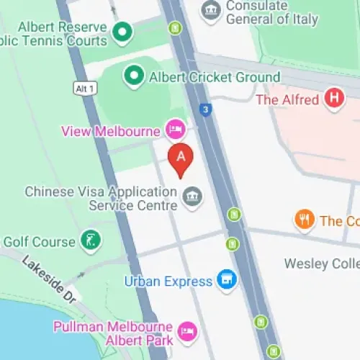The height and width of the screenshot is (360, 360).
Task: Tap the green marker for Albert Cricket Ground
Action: pos(133,75)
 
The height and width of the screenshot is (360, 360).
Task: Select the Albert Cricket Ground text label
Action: pos(213,76)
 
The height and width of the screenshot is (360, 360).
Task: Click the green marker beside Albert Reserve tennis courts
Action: pos(122,31)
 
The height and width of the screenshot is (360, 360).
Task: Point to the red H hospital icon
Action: pos(333,99)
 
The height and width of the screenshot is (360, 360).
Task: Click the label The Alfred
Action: pos(287,99)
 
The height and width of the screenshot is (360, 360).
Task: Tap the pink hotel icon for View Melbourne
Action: pos(175,130)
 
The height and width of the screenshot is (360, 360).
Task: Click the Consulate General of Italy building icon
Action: pos(211,11)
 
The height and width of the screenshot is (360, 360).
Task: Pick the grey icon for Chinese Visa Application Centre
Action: pos(192,197)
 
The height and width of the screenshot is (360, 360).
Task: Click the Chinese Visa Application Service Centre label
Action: pos(101,199)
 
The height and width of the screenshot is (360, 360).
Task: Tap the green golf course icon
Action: pos(91,240)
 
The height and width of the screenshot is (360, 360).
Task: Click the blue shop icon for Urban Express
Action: pos(227,280)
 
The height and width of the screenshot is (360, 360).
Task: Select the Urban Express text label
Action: pos(168,281)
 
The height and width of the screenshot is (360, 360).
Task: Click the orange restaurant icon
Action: pos(305,220)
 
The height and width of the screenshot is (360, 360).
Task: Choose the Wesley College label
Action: pos(322,264)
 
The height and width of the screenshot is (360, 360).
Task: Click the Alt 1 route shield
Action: pos(85,88)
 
